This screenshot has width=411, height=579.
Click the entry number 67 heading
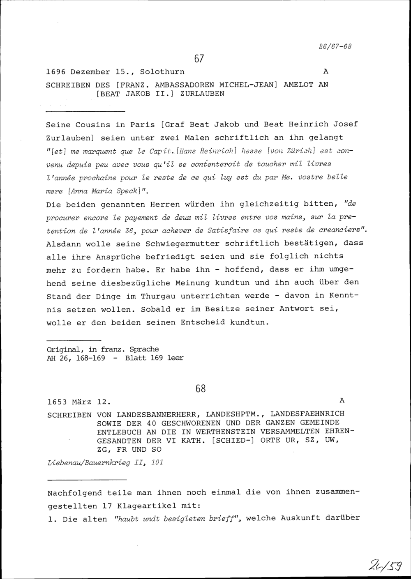pyautogui.click(x=199, y=59)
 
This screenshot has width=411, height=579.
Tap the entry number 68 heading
pyautogui.click(x=200, y=388)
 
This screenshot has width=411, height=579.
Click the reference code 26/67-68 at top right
pyautogui.click(x=335, y=46)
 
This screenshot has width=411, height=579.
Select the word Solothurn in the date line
pyautogui.click(x=162, y=72)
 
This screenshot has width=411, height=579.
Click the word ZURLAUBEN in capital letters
pyautogui.click(x=202, y=94)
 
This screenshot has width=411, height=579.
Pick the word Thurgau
pyautogui.click(x=160, y=296)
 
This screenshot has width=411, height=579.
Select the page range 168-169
pyautogui.click(x=86, y=358)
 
